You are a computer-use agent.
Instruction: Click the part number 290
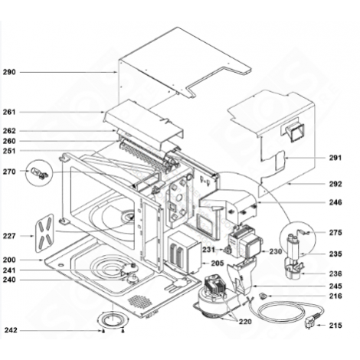pyautogui.click(x=9, y=72)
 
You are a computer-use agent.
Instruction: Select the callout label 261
pyautogui.click(x=9, y=112)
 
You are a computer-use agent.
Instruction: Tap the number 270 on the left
pyautogui.click(x=9, y=172)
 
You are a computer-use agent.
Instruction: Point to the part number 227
pyautogui.click(x=9, y=235)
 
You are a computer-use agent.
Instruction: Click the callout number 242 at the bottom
pyautogui.click(x=9, y=330)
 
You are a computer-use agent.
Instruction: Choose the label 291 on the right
pyautogui.click(x=335, y=159)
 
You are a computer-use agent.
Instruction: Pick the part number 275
pyautogui.click(x=335, y=232)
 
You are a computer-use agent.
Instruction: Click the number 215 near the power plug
pyautogui.click(x=335, y=326)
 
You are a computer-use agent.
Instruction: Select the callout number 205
pyautogui.click(x=217, y=263)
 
